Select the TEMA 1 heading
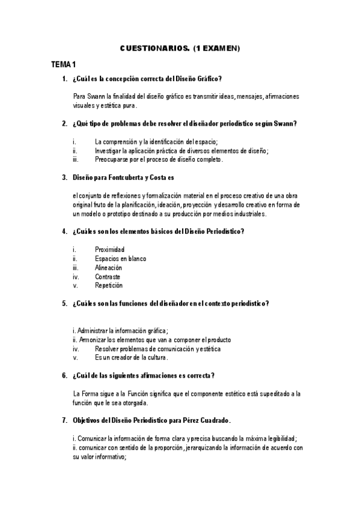point(63,64)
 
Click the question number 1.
point(64,79)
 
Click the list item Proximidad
point(109,249)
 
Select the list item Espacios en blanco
point(120,258)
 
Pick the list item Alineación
point(108,267)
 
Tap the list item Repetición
point(109,285)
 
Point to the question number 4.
point(64,231)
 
